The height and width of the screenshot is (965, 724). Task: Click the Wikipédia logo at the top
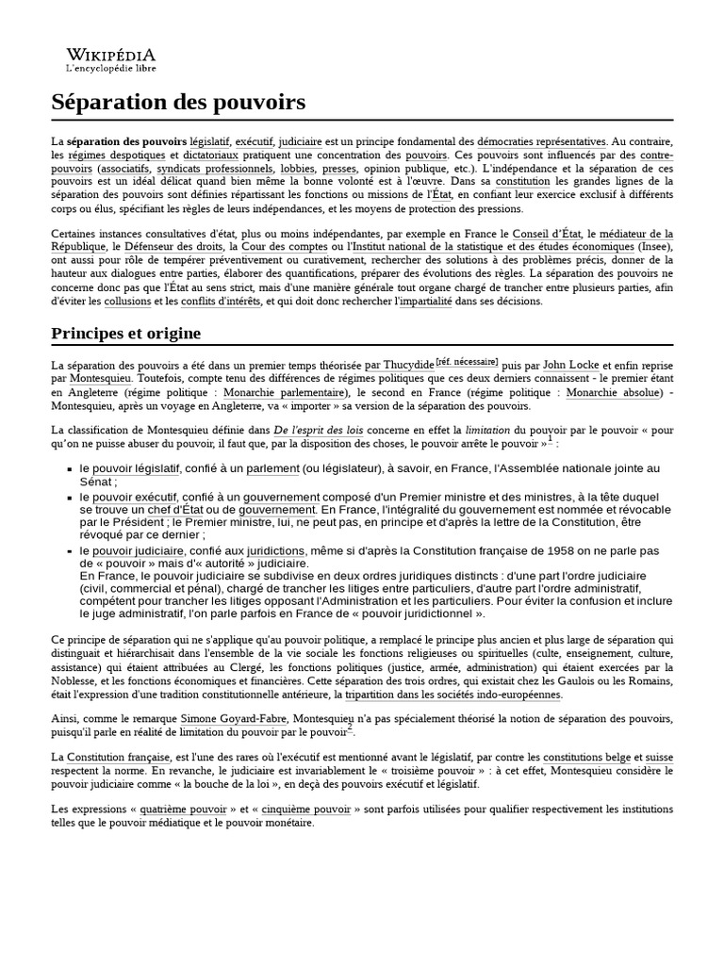pyautogui.click(x=111, y=55)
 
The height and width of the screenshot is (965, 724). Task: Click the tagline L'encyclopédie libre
pyautogui.click(x=111, y=69)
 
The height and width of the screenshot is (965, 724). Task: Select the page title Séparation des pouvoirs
pyautogui.click(x=179, y=101)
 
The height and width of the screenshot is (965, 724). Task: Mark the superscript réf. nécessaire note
pyautogui.click(x=468, y=361)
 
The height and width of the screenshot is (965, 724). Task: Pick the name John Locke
pyautogui.click(x=570, y=365)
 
